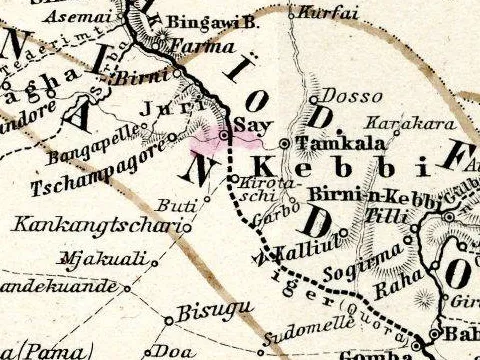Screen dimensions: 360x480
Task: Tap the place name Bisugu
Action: pyautogui.click(x=204, y=312)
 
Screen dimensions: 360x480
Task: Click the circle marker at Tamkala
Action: pyautogui.click(x=286, y=144)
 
